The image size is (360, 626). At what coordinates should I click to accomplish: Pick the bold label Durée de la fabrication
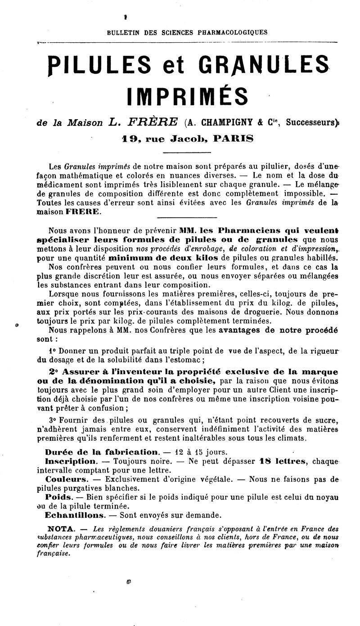pyautogui.click(x=102, y=452)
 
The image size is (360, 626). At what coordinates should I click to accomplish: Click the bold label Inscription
pyautogui.click(x=70, y=461)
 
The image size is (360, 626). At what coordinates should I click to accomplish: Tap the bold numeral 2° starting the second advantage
pyautogui.click(x=54, y=372)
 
